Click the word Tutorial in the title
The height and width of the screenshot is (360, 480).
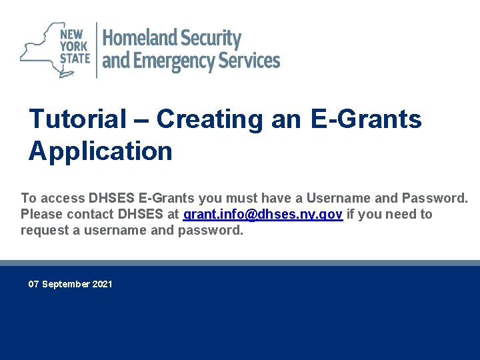point(78,119)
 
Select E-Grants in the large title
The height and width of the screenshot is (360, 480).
point(366,119)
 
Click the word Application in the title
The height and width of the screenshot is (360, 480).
point(100,151)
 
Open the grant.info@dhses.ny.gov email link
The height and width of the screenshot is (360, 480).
point(263,215)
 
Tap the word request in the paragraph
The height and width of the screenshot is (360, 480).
point(44,231)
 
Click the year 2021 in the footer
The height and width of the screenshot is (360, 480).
point(103,284)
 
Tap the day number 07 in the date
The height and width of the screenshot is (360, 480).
point(34,284)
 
